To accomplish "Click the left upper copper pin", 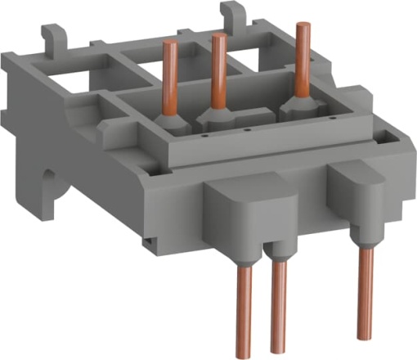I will (171, 78).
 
